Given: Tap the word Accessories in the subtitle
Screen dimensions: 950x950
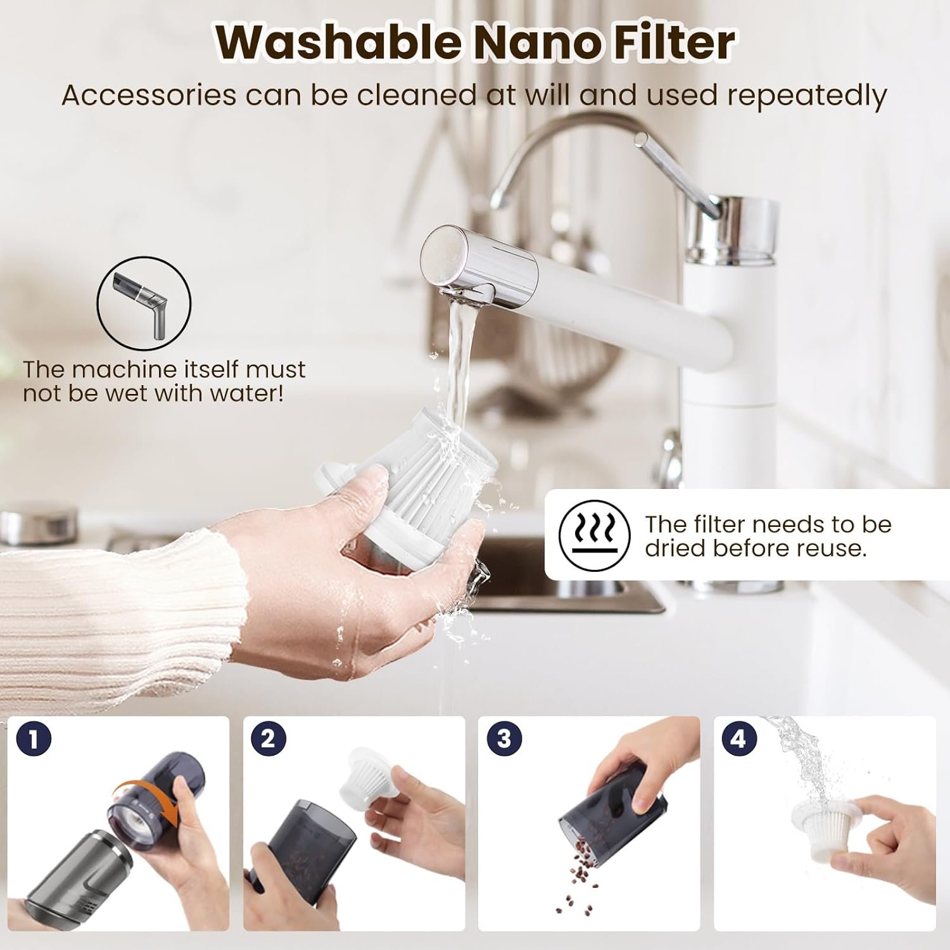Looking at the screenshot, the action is (x=149, y=95).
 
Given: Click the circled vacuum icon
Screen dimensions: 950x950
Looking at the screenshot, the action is (x=144, y=303).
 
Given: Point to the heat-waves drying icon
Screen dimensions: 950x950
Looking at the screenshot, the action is (x=595, y=533).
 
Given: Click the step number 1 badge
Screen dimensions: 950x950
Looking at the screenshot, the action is (x=34, y=739).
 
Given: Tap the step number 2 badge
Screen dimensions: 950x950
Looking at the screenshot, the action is (x=269, y=739).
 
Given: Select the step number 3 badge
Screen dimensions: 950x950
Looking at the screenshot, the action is (x=504, y=739).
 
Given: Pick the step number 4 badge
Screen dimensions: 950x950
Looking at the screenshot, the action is (x=738, y=739).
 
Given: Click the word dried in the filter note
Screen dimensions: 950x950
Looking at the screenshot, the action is (x=676, y=548).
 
